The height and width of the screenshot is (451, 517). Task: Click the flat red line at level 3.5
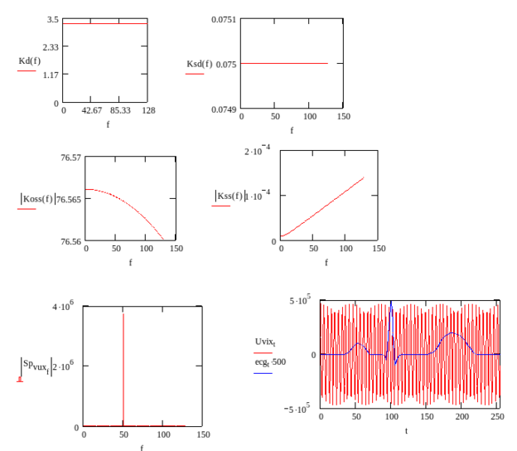click(x=105, y=24)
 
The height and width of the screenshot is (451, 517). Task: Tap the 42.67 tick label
click(x=92, y=110)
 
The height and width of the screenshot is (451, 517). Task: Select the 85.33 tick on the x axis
click(x=120, y=110)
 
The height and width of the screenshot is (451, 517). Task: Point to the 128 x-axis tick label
click(x=148, y=110)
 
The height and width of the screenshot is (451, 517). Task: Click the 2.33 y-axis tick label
click(x=51, y=47)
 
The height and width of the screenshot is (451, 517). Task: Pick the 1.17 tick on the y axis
click(x=51, y=75)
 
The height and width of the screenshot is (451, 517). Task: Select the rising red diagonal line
click(x=323, y=207)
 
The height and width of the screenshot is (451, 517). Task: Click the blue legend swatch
click(x=263, y=373)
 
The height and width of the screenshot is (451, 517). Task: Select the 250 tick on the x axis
click(x=497, y=415)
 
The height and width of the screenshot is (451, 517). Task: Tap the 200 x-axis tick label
click(x=462, y=415)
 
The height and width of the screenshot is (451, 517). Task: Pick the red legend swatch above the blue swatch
click(x=263, y=352)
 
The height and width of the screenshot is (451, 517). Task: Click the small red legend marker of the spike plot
click(x=21, y=381)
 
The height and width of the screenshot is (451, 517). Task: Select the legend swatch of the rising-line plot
click(x=221, y=205)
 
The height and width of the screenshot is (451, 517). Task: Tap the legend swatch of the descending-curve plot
click(x=27, y=209)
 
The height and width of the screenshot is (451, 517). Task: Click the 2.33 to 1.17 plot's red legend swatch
click(x=27, y=71)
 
